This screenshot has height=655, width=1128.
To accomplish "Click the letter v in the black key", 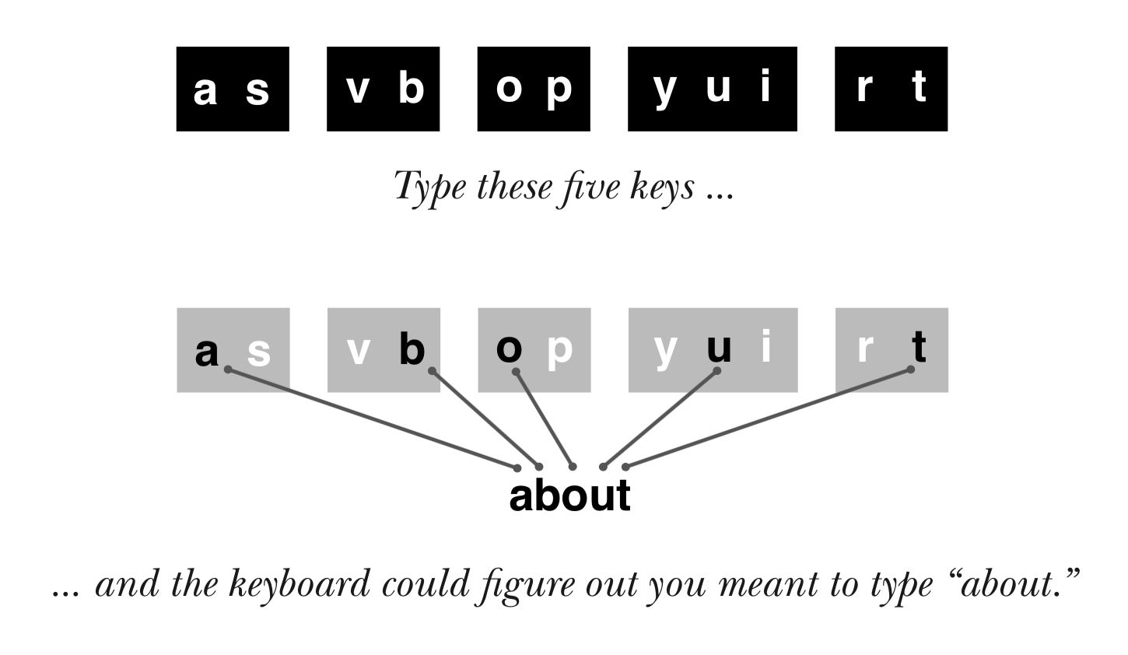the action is [x=358, y=90].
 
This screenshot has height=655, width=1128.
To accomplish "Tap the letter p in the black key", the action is [x=559, y=92].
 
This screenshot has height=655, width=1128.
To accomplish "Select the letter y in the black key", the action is [x=664, y=92].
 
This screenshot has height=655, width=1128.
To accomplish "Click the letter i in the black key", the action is [x=766, y=86].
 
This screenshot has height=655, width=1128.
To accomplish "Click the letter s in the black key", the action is [x=257, y=90].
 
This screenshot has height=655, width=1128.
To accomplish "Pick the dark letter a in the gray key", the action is [x=206, y=352].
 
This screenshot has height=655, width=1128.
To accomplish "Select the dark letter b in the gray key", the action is [x=412, y=348].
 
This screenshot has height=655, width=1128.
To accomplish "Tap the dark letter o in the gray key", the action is [x=509, y=349].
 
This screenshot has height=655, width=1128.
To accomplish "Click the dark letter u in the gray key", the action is [x=719, y=349].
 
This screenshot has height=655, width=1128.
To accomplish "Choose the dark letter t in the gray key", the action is [x=919, y=346].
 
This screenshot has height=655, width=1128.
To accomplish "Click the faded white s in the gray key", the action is [x=259, y=352].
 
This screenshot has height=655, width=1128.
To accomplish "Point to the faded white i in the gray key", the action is [x=766, y=345].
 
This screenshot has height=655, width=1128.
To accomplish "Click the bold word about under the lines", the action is [x=569, y=495].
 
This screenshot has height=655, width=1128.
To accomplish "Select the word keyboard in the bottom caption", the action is [x=300, y=584].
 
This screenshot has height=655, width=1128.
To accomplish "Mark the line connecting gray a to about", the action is [x=373, y=419].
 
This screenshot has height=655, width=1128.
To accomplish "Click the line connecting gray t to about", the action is [x=768, y=419].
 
